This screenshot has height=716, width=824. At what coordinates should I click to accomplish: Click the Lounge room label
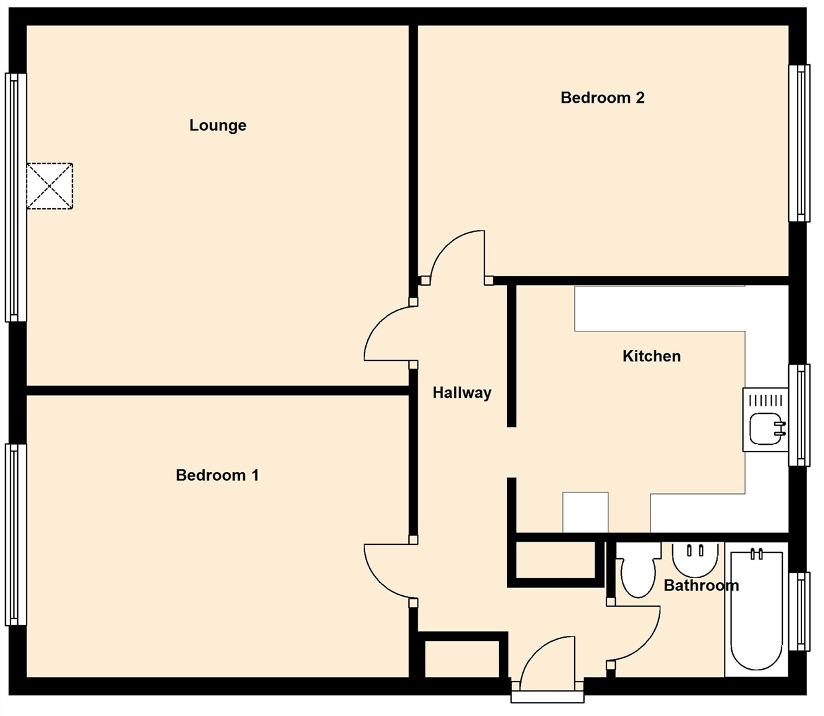click(x=218, y=125)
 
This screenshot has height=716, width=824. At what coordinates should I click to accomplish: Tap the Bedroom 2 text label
click(x=603, y=98)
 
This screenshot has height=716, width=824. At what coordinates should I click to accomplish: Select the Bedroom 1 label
click(x=217, y=475)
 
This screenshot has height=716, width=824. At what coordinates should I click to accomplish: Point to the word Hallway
click(x=462, y=392)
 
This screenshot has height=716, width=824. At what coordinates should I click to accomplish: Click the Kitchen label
click(x=652, y=356)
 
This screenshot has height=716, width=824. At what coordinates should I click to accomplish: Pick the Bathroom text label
click(x=701, y=585)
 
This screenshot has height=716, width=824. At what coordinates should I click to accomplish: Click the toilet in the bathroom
click(x=638, y=569)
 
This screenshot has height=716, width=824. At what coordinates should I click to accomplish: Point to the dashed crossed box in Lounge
click(x=50, y=186)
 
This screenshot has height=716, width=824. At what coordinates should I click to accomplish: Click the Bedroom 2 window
click(x=799, y=143)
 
